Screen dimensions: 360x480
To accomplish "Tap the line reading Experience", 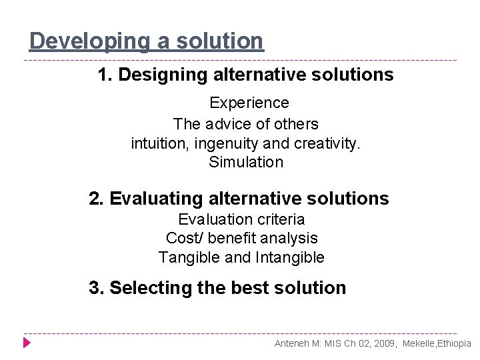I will click(249, 103).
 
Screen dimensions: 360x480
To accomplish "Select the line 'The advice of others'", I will click(245, 124).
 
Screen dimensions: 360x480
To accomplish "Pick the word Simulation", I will click(246, 162).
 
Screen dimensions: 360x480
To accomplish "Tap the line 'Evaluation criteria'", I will click(241, 219).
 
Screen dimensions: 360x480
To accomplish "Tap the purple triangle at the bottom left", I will click(27, 343).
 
